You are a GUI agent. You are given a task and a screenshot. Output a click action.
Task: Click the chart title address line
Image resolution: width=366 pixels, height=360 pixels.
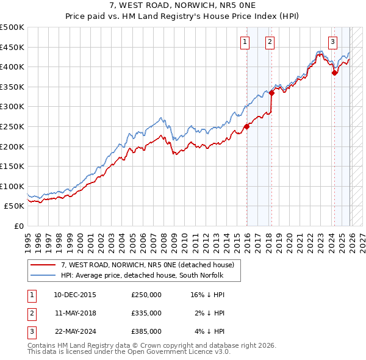(182, 6)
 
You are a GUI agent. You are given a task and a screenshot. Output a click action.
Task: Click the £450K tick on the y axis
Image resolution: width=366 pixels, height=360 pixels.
(12, 47)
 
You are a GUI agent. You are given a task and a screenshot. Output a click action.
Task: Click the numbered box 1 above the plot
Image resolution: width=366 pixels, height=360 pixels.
(245, 42)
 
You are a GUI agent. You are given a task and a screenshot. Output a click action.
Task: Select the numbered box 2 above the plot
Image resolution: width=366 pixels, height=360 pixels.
(269, 42)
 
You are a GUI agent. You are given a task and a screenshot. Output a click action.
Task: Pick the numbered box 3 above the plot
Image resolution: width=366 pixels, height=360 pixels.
(332, 42)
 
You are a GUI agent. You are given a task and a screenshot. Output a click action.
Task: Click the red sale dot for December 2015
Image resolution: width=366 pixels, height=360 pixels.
(247, 127)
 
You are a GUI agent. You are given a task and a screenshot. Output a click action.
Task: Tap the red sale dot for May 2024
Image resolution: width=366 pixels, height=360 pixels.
(334, 73)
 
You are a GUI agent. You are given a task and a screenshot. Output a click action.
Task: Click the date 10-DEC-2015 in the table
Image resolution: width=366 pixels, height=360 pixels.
(74, 295)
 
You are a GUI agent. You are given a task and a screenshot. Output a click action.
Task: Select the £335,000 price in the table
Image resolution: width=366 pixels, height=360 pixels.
(146, 313)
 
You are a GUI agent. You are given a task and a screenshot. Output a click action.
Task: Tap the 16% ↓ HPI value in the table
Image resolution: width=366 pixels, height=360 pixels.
(207, 295)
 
